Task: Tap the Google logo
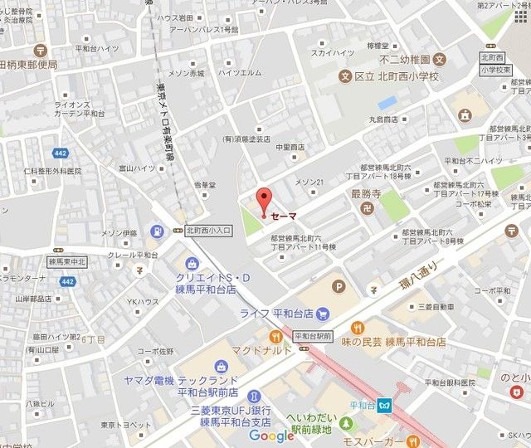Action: [271, 436]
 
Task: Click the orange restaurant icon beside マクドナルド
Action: [275, 336]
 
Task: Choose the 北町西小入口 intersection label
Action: [208, 230]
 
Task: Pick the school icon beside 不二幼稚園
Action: [440, 60]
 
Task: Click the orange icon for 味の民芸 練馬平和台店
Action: [358, 326]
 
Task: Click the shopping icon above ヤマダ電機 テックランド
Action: [221, 366]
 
